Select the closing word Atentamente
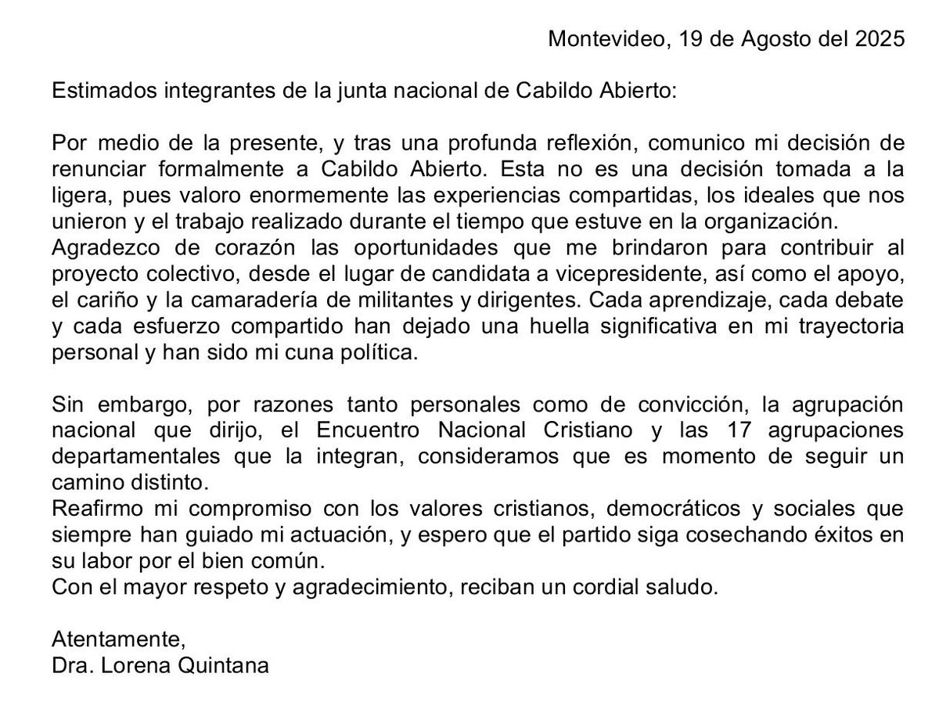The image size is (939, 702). [119, 640]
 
